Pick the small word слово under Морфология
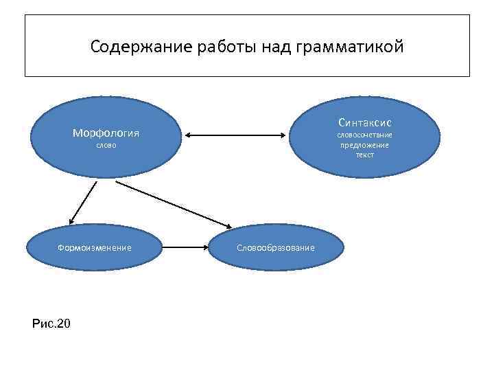(x=106, y=146)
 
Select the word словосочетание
(x=364, y=135)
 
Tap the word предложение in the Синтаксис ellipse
(x=364, y=145)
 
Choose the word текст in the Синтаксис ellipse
(x=364, y=155)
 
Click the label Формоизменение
(x=95, y=247)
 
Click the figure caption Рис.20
(x=51, y=323)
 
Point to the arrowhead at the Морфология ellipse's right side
(x=187, y=135)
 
